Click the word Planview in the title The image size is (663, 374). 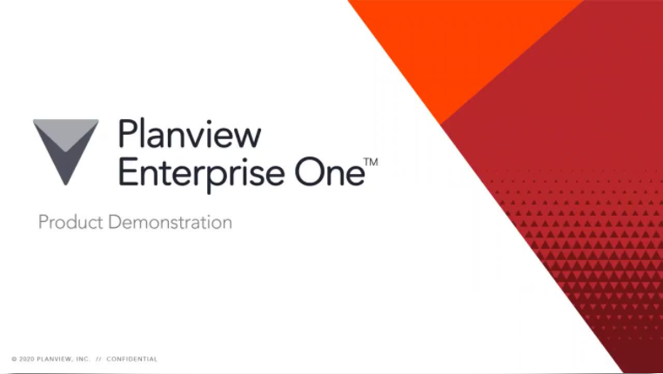tap(189, 137)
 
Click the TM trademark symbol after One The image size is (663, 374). tap(371, 163)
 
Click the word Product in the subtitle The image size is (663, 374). tap(70, 223)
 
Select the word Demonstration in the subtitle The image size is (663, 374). tap(170, 222)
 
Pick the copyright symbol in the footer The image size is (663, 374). tap(14, 358)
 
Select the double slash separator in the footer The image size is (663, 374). tap(99, 358)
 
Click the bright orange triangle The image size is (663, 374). tap(452, 43)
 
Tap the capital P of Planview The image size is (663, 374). tap(127, 137)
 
